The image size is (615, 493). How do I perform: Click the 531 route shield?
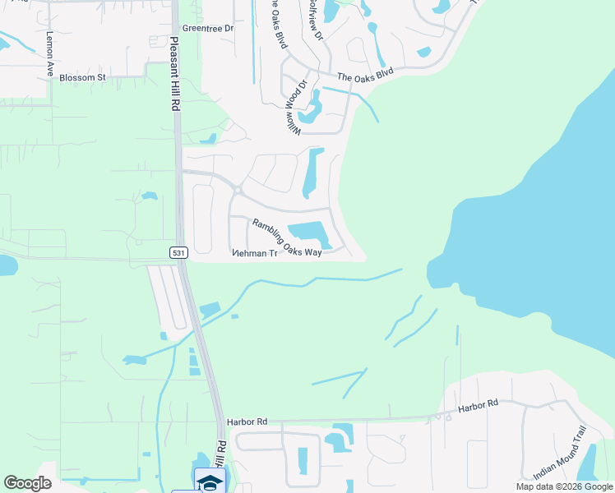(x=178, y=253)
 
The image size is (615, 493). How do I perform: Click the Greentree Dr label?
(x=208, y=28)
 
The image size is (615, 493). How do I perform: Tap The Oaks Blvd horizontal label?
(x=365, y=73)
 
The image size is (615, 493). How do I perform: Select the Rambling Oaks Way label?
(x=286, y=238)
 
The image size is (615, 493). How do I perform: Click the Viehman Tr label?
(x=256, y=254)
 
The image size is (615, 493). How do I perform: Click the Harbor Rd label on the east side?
(x=479, y=405)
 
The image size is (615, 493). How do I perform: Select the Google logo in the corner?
(x=27, y=483)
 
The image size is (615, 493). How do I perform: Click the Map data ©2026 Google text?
(x=563, y=486)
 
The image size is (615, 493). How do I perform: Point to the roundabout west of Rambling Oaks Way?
(x=237, y=191)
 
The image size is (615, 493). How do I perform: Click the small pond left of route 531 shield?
(x=3, y=266)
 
